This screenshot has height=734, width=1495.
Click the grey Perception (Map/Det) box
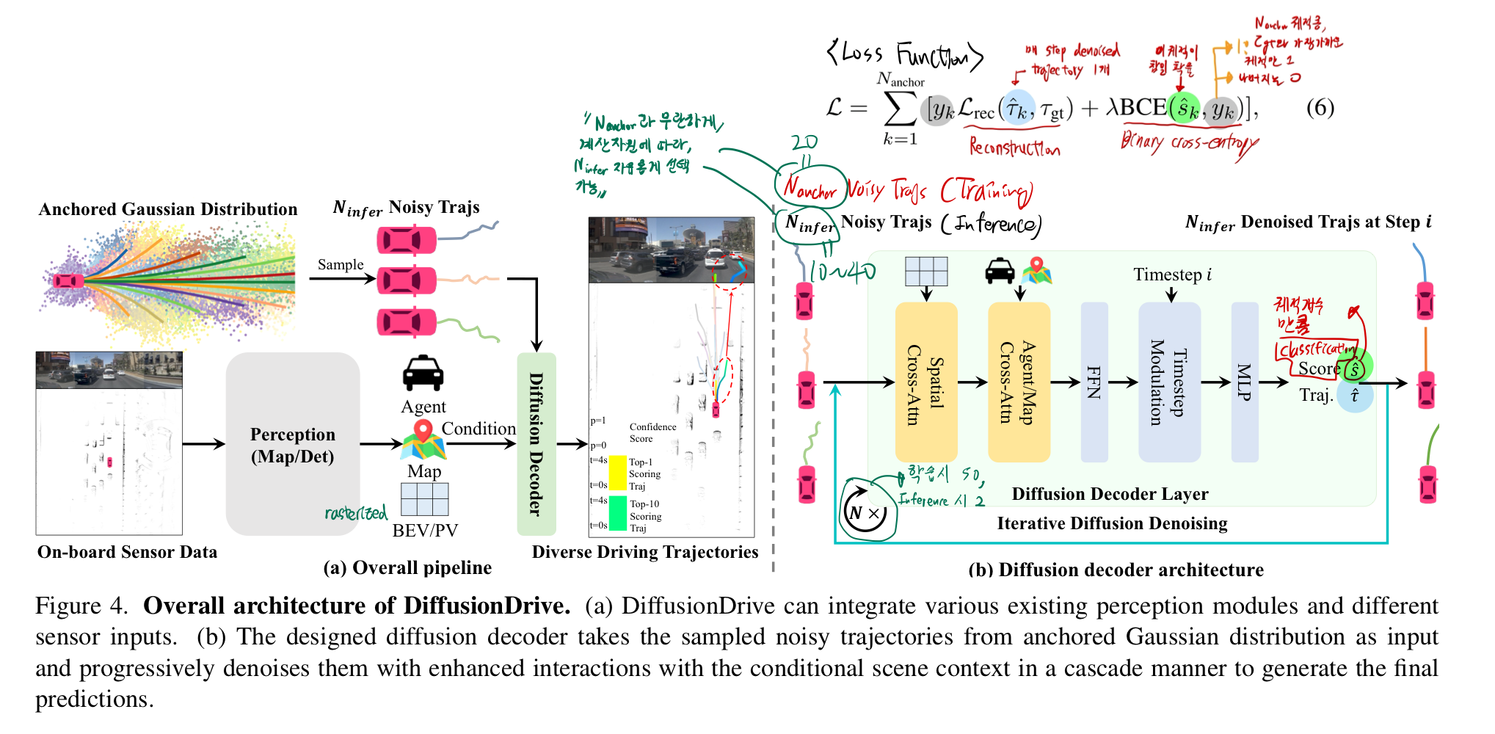tap(292, 444)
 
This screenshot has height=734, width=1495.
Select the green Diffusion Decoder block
tap(536, 443)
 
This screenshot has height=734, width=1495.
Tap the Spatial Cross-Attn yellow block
tap(925, 382)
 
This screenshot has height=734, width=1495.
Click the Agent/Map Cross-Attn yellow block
tap(1019, 382)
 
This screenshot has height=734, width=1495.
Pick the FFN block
tap(1094, 382)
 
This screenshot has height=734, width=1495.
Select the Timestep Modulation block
tap(1168, 382)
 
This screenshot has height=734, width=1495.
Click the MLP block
tap(1244, 382)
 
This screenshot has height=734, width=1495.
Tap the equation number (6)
tap(1320, 108)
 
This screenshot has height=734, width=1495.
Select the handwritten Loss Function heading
tap(904, 55)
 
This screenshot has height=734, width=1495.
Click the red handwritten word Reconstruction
tap(1014, 148)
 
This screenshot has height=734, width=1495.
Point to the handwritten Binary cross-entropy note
tap(1189, 143)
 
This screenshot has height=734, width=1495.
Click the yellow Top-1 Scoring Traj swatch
tap(618, 473)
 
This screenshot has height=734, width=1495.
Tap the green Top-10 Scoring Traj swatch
tap(618, 514)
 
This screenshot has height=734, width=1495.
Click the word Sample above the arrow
tap(341, 264)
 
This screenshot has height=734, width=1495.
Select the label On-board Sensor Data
tap(127, 552)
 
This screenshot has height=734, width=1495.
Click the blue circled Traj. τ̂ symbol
tap(1354, 396)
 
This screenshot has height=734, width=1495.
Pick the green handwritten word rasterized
tap(356, 512)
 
